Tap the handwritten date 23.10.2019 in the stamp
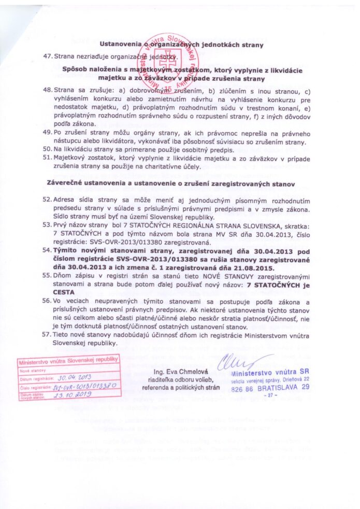click(x=77, y=394)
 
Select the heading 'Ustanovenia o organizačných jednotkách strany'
click(x=182, y=45)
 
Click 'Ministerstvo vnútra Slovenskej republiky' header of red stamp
click(x=68, y=361)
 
